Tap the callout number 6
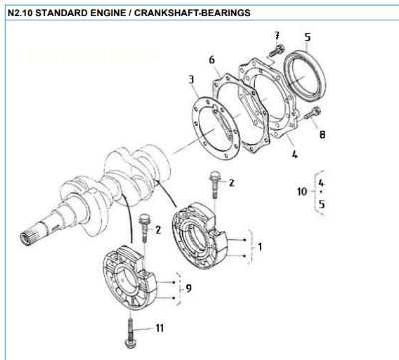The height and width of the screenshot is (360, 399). [x=212, y=60]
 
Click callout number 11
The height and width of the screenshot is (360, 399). [x=158, y=327]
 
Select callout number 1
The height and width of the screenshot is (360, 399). [x=261, y=245]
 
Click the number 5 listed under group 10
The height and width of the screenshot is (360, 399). [x=320, y=203]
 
